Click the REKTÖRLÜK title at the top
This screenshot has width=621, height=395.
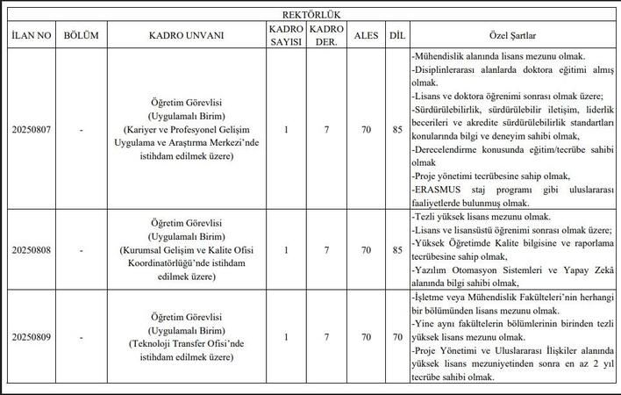[x=310, y=15]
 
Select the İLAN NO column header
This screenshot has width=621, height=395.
[x=32, y=36]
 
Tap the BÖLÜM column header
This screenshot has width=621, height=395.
[x=82, y=36]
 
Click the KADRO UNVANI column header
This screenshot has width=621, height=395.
[x=186, y=36]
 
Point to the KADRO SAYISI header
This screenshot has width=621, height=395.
[x=285, y=36]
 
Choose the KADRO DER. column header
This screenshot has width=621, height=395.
[x=326, y=36]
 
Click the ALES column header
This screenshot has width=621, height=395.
[x=366, y=36]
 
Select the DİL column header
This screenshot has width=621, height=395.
[x=396, y=36]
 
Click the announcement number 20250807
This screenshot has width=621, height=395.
[x=32, y=130]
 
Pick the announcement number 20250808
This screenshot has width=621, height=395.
[x=32, y=250]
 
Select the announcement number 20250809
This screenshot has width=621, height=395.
[x=32, y=337]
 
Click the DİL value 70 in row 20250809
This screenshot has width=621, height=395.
[x=396, y=337]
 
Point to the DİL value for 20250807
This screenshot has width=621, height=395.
[x=396, y=130]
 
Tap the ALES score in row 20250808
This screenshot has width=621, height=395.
[x=366, y=250]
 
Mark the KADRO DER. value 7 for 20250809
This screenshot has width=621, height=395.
[x=326, y=337]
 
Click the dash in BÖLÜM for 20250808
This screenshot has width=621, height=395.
[x=82, y=250]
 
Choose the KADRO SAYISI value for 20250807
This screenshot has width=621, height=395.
[x=285, y=130]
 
